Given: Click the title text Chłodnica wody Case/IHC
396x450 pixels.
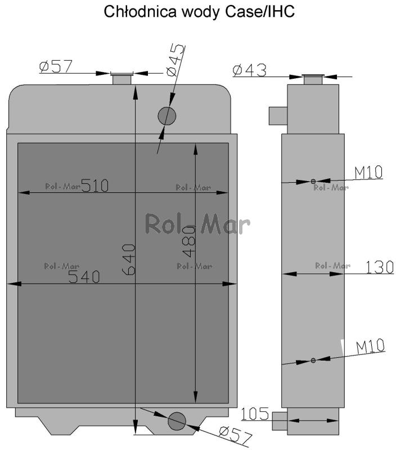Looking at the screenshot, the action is [199, 12].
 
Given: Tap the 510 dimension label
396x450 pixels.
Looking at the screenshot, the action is [95, 186].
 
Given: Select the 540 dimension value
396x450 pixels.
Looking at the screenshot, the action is [84, 277].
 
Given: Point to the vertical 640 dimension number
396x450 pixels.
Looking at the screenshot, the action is [129, 260].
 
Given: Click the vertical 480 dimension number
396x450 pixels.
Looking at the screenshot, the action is [189, 241].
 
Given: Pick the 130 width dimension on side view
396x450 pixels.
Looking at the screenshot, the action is [379, 268].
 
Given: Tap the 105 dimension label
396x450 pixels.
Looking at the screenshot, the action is [254, 414].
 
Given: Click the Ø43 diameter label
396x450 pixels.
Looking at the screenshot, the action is [250, 70].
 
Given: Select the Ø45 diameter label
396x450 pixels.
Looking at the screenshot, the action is [175, 60].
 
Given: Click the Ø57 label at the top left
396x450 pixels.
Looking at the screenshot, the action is [56, 66].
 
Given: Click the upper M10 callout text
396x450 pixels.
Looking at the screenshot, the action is [368, 173].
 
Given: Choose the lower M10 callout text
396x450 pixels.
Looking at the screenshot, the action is [370, 346].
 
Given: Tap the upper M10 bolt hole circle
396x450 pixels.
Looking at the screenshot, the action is [313, 181].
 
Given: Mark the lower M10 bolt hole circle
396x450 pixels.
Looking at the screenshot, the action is [313, 360].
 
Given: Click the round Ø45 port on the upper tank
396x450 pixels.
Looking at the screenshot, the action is [166, 116].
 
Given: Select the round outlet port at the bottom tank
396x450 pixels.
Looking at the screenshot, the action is [177, 421].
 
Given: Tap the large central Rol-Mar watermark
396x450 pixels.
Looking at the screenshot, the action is [197, 224].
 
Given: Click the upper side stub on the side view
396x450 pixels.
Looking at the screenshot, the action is [278, 116].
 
